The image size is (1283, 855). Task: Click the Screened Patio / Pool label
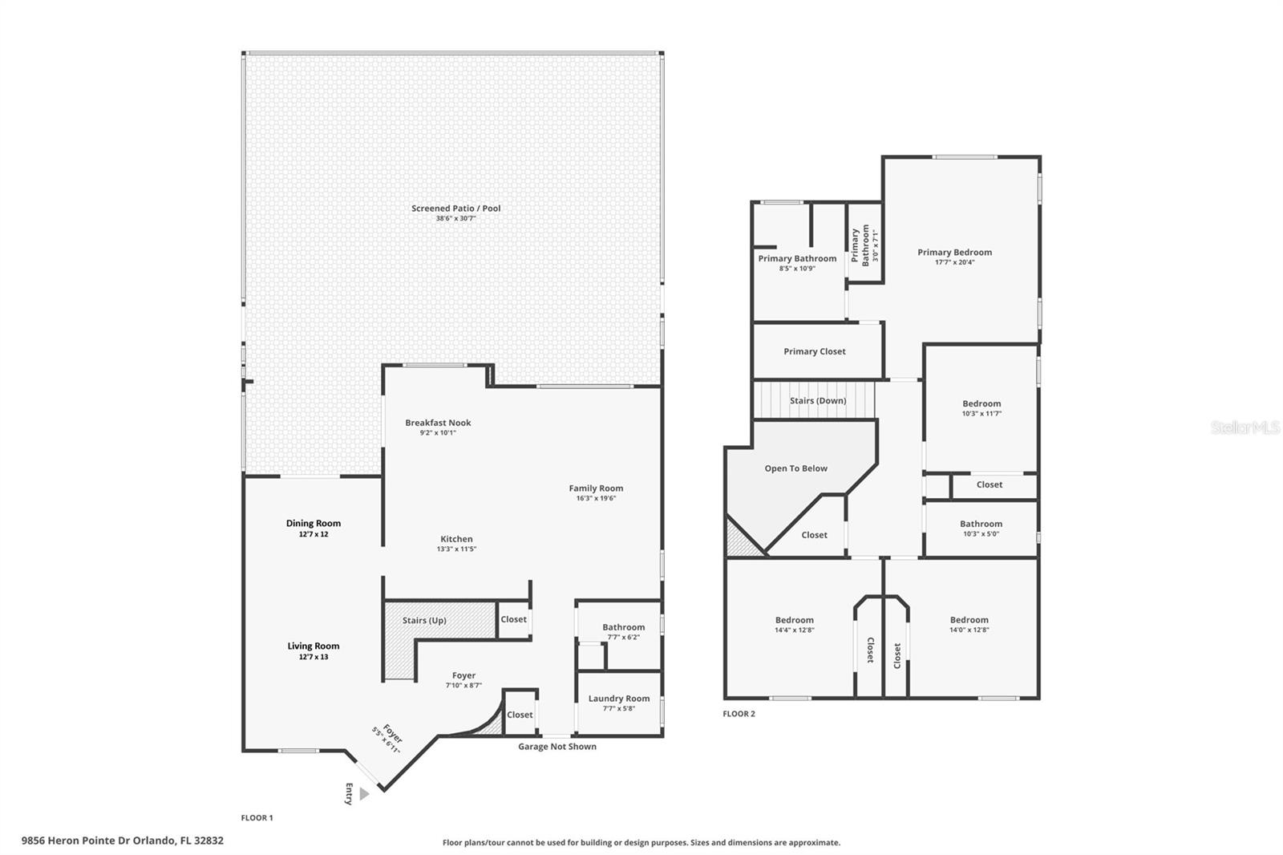click(x=455, y=209)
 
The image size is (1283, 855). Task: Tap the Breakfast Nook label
click(x=438, y=423)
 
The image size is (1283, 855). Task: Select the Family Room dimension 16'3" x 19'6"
click(x=596, y=498)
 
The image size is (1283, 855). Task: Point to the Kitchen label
click(x=456, y=539)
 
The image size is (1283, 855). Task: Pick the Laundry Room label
click(x=619, y=699)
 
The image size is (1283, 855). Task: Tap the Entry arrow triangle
click(x=364, y=793)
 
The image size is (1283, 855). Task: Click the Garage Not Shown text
click(x=557, y=747)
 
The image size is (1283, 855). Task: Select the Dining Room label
click(x=314, y=523)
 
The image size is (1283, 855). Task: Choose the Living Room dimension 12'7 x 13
click(x=314, y=657)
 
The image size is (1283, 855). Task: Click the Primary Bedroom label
click(x=954, y=252)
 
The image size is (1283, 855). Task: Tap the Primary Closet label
click(x=814, y=351)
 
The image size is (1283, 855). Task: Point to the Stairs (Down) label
click(x=817, y=400)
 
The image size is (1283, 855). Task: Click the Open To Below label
click(x=795, y=468)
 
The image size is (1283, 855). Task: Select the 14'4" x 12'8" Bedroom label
click(x=794, y=620)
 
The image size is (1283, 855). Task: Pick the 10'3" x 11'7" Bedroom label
click(x=981, y=403)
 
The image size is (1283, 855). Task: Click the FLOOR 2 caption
click(x=739, y=714)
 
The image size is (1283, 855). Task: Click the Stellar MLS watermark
click(x=1245, y=427)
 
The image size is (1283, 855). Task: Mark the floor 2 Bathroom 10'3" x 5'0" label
click(x=981, y=524)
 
